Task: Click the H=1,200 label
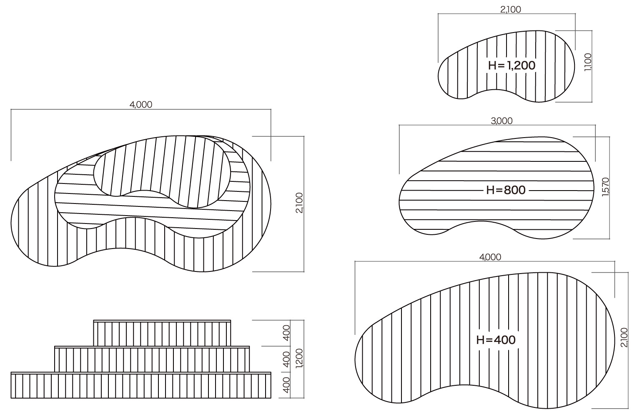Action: pos(512,65)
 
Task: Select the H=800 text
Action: pos(506,190)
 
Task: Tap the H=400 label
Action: pos(496,340)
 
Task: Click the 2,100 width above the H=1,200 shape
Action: pos(510,10)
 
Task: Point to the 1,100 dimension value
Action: pos(588,62)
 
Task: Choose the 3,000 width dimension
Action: pos(502,121)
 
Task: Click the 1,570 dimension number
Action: pos(606,187)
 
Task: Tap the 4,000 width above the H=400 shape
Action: pos(490,257)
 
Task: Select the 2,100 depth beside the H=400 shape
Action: pos(624,337)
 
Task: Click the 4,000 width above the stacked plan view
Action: pos(141,105)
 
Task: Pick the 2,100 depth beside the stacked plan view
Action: pos(299,203)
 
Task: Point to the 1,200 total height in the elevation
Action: pos(299,358)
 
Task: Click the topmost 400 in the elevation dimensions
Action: pos(287,333)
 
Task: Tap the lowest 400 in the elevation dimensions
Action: pos(287,385)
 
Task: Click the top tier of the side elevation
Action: pos(162,333)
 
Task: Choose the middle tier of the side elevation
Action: pos(152,359)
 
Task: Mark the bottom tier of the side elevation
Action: pos(141,385)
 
